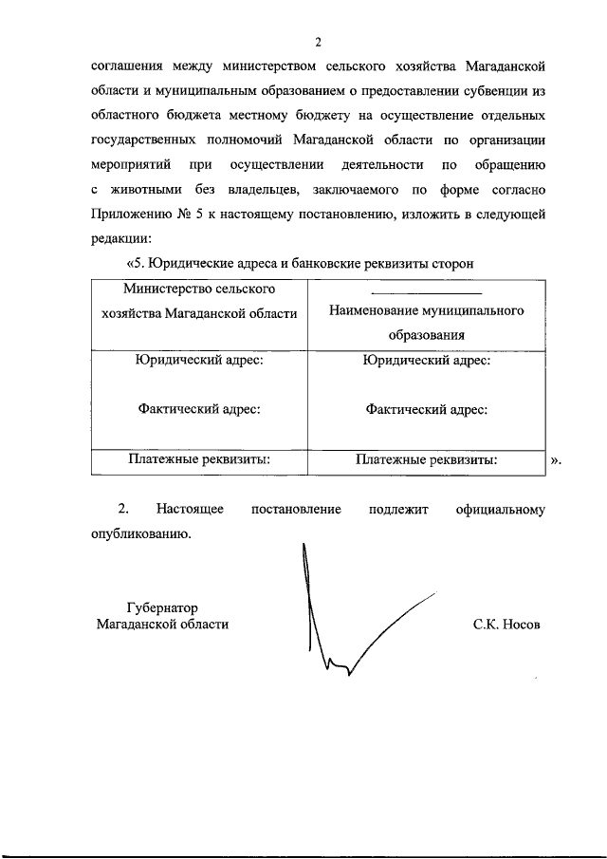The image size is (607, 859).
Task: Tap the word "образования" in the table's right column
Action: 426,334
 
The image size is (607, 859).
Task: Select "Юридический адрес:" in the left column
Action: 198,361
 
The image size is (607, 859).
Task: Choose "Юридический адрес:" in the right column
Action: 426,361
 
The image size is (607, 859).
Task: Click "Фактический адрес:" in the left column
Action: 198,409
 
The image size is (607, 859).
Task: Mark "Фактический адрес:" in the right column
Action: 426,409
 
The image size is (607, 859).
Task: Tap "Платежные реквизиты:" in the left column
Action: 198,460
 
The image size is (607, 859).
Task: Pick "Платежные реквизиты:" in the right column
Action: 426,460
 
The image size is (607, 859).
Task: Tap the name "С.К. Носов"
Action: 506,625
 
